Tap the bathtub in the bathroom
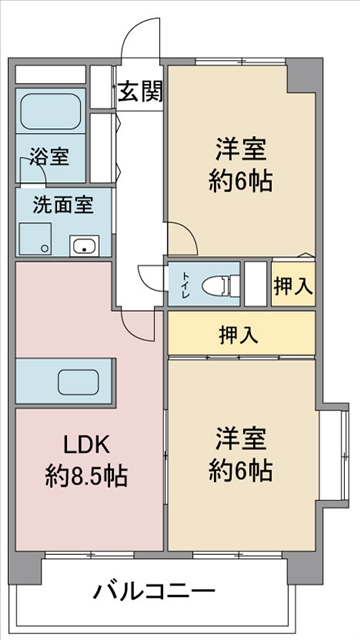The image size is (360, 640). pyautogui.click(x=51, y=111)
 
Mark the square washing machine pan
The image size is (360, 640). pyautogui.click(x=35, y=238)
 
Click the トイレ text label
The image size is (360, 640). pyautogui.click(x=184, y=283)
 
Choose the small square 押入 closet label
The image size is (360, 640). pyautogui.click(x=293, y=285)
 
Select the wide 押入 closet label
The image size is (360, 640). pyautogui.click(x=239, y=335)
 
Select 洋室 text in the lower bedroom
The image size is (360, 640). pyautogui.click(x=240, y=439)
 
